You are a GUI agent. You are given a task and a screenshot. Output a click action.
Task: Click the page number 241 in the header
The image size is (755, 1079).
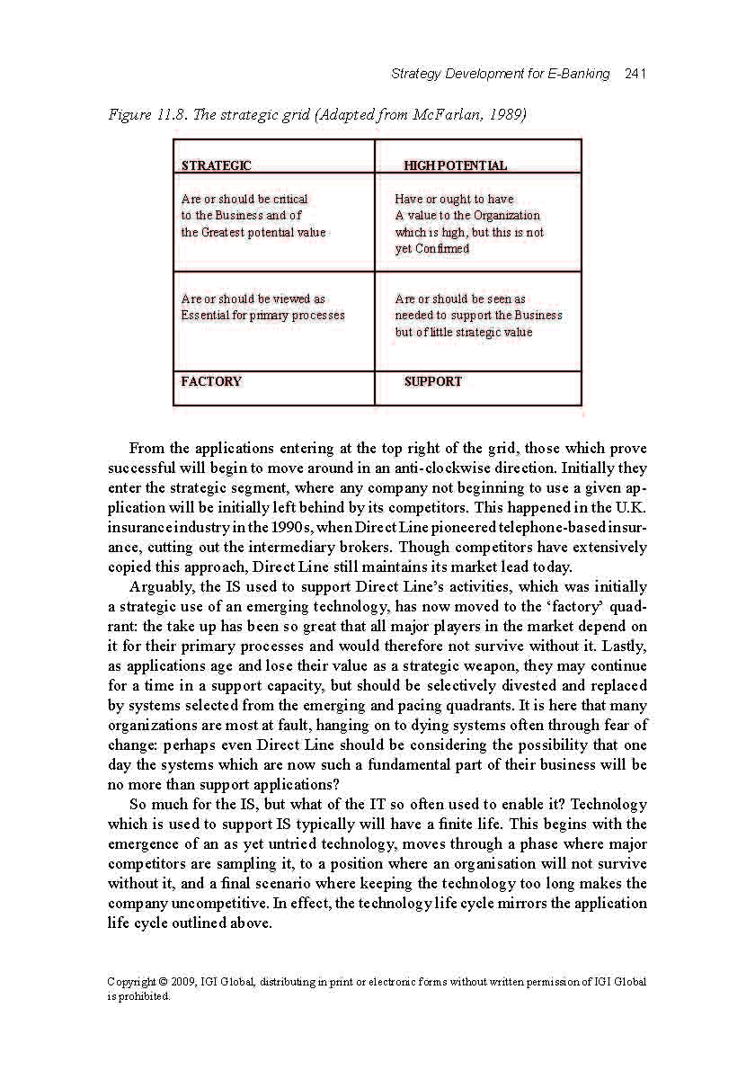coord(635,74)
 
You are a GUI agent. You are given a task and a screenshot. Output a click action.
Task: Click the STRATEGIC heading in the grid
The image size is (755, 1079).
coord(217,165)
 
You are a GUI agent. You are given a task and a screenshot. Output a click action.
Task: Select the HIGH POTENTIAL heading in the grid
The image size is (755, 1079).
coord(455,165)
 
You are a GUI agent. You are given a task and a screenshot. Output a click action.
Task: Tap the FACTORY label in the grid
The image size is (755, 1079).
coord(211,381)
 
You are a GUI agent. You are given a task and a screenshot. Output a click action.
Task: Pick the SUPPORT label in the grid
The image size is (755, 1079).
coord(432,381)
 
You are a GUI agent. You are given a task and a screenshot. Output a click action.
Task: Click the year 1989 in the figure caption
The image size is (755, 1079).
coord(509,115)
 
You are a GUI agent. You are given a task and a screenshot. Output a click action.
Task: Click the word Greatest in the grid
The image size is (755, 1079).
coord(226,232)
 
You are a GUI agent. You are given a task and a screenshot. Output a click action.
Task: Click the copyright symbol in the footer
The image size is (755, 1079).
coord(164,982)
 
